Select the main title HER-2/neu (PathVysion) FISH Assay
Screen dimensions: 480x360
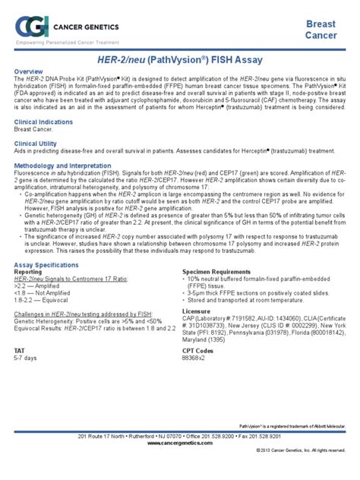click(x=179, y=58)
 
